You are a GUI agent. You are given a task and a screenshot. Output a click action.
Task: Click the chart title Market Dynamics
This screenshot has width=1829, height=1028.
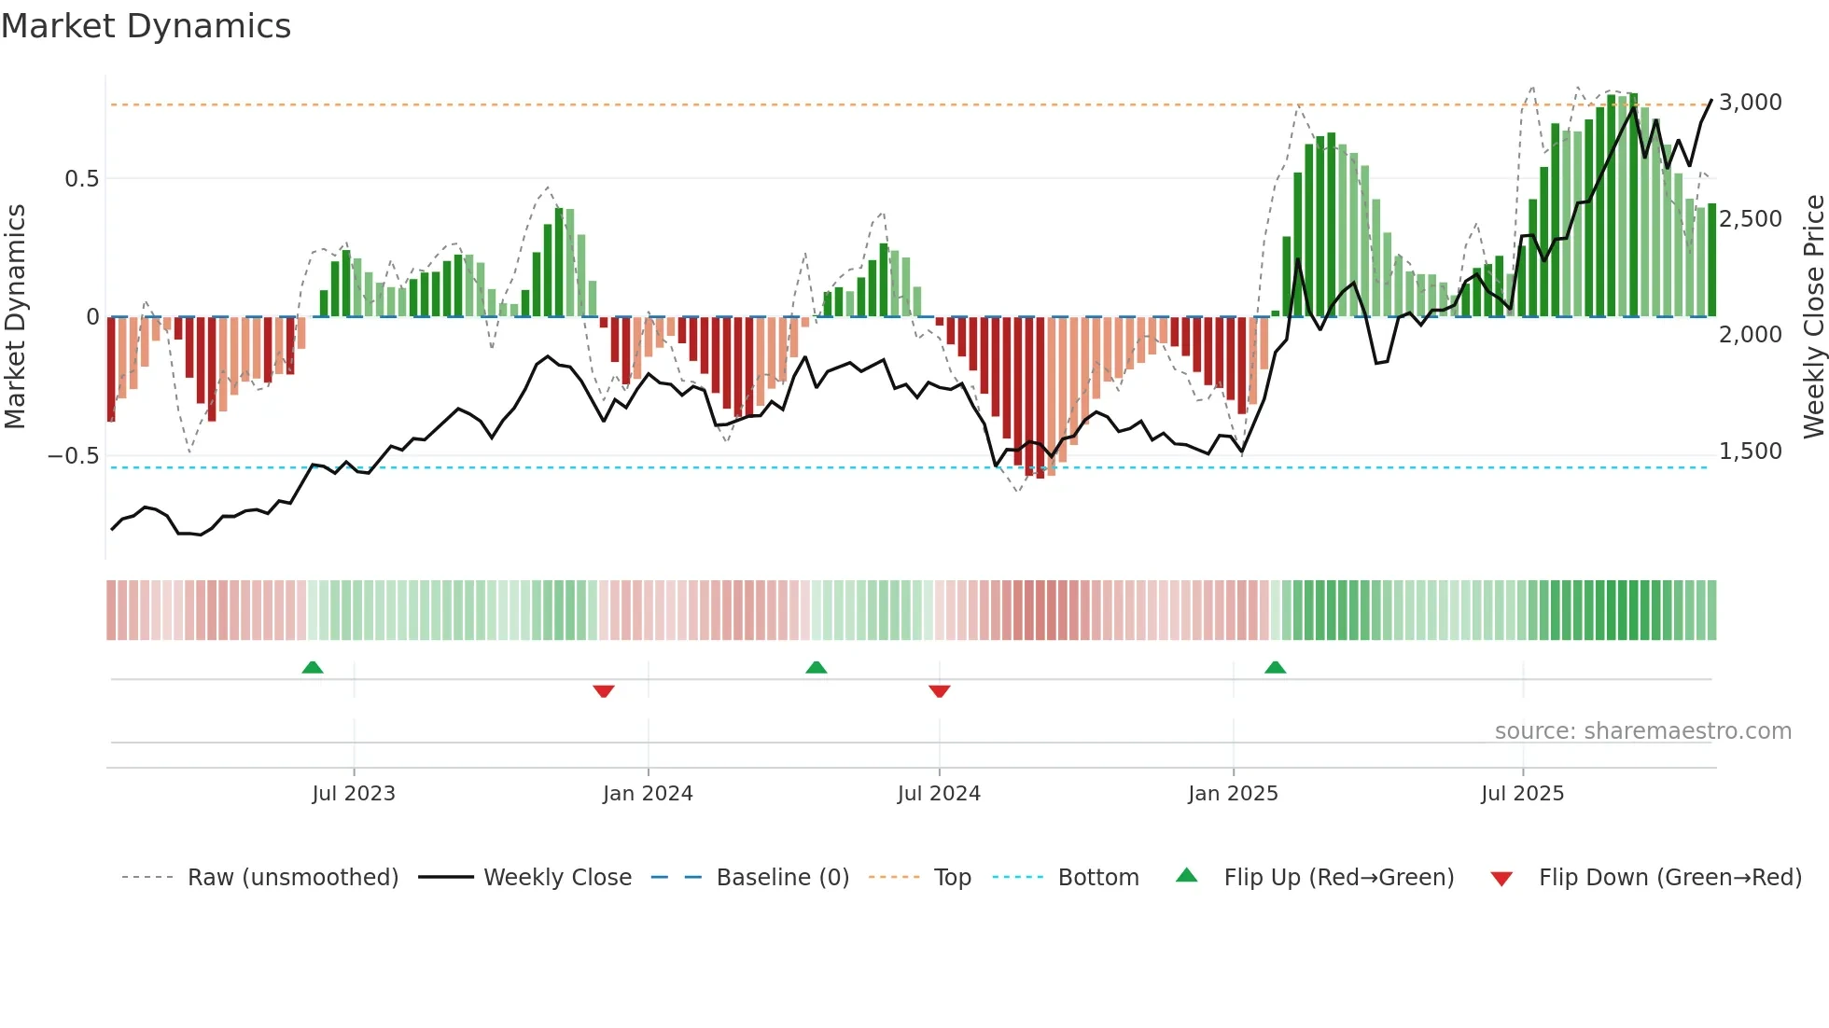(x=146, y=26)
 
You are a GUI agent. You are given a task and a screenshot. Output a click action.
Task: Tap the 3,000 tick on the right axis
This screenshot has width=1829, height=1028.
(x=1750, y=103)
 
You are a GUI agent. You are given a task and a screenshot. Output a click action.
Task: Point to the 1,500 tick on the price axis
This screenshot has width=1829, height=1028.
(x=1750, y=451)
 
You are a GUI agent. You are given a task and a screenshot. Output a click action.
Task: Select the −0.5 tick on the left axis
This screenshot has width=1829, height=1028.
(x=73, y=456)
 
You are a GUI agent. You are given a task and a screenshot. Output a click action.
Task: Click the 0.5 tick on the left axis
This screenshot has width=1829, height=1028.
(x=81, y=179)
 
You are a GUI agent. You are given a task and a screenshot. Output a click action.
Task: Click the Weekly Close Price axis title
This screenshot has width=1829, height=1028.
(x=1813, y=316)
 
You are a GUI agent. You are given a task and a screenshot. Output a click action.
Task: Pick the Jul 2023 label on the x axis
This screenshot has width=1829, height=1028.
(x=354, y=794)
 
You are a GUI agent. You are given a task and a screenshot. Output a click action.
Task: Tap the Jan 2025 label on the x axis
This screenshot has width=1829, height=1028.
(x=1233, y=794)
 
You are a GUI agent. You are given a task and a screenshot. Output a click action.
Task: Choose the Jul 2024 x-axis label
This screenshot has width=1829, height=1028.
(x=939, y=794)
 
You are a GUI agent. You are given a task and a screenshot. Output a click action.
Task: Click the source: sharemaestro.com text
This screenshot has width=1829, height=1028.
(x=1642, y=731)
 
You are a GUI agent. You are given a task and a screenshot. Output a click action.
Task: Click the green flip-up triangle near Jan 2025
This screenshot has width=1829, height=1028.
(x=1275, y=668)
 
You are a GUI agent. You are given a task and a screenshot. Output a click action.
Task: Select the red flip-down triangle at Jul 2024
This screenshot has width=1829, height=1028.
(x=940, y=690)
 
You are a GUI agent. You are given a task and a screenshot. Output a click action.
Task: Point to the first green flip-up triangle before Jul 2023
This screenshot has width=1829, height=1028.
(x=313, y=668)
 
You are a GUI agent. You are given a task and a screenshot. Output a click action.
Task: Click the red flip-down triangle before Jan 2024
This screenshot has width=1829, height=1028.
(x=604, y=690)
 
